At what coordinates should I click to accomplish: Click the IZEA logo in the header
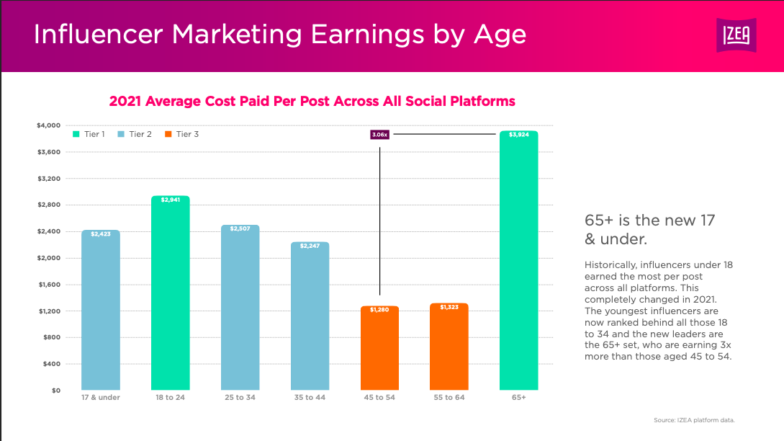pyautogui.click(x=740, y=35)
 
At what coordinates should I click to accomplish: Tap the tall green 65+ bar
pyautogui.click(x=518, y=260)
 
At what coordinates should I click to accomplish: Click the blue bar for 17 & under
pyautogui.click(x=101, y=310)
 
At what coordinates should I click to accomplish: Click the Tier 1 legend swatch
pyautogui.click(x=76, y=134)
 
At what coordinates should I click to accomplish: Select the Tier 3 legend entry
pyautogui.click(x=181, y=134)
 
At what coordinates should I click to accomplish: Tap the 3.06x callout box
pyautogui.click(x=379, y=134)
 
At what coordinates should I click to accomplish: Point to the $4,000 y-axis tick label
pyautogui.click(x=48, y=125)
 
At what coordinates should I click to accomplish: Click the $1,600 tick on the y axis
pyautogui.click(x=48, y=285)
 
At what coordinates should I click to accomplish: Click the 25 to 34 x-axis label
pyautogui.click(x=240, y=398)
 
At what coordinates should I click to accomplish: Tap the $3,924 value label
pyautogui.click(x=518, y=135)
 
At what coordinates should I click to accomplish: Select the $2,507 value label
pyautogui.click(x=240, y=228)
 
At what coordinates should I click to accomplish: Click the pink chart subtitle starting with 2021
pyautogui.click(x=312, y=101)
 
